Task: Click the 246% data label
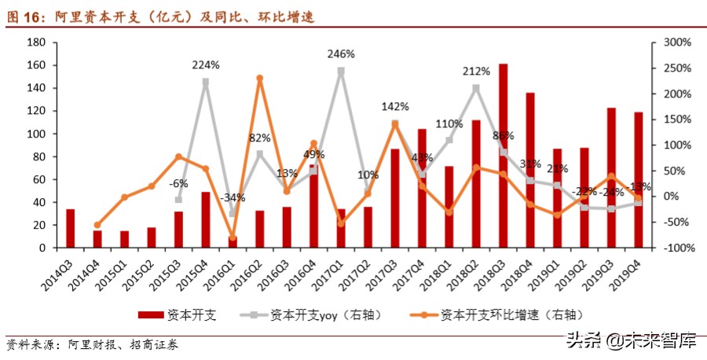[342, 54]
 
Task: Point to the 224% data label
[206, 65]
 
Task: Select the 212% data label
[477, 71]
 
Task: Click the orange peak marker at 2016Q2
[260, 79]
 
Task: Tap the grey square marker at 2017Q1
[341, 71]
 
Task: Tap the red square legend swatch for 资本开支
[151, 314]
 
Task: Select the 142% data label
[395, 106]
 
